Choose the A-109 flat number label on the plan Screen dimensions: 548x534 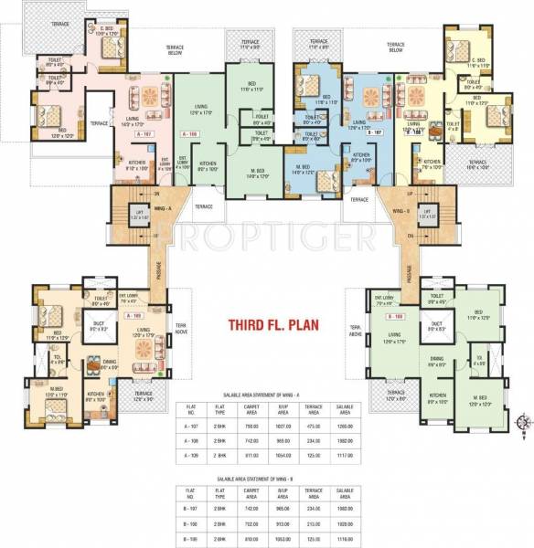point(139,312)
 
